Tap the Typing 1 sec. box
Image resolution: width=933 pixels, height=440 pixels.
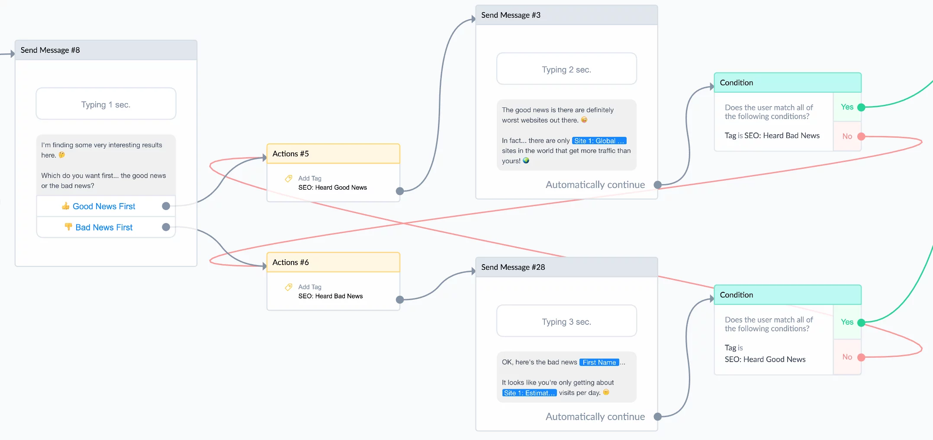coord(106,104)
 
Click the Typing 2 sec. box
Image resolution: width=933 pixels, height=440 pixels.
coord(566,69)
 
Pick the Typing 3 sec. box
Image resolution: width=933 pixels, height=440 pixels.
coord(566,321)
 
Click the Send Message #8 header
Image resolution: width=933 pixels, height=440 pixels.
coord(106,50)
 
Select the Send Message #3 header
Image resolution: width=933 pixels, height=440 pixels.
coord(566,15)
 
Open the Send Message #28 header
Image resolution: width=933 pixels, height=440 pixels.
coord(566,267)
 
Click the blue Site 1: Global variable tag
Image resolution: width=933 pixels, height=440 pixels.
coord(599,141)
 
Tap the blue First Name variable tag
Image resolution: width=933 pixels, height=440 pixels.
coord(599,362)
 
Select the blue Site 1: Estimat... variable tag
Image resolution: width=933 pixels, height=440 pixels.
coord(529,393)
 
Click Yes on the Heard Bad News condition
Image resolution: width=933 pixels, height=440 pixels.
coord(847,107)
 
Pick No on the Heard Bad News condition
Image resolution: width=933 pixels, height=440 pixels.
coord(847,136)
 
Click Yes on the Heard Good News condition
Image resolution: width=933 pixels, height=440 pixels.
coord(847,322)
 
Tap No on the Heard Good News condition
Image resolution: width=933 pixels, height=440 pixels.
coord(847,357)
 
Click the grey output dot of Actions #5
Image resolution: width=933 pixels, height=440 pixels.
coord(400,191)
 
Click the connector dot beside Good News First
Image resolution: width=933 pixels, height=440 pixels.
coord(166,206)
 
